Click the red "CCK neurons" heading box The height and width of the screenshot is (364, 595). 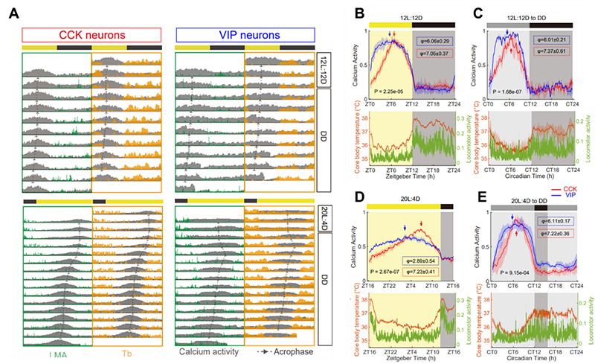pyautogui.click(x=91, y=34)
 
